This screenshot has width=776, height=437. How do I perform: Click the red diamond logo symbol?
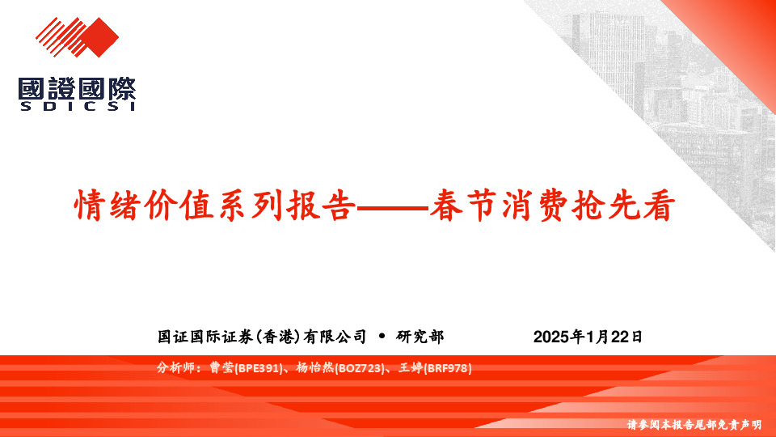(x=77, y=37)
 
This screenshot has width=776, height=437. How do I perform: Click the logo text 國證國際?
(x=77, y=88)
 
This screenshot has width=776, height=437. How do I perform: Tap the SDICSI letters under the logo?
(x=77, y=106)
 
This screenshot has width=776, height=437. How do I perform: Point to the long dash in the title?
(x=392, y=208)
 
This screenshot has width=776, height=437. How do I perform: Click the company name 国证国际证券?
(x=206, y=337)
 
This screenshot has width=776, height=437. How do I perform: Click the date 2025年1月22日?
(x=588, y=337)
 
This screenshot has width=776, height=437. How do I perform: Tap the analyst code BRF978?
(x=447, y=369)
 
